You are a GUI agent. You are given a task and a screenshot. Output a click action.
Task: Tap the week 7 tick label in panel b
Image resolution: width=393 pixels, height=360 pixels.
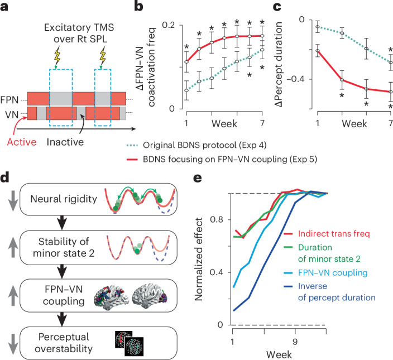point(264,122)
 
